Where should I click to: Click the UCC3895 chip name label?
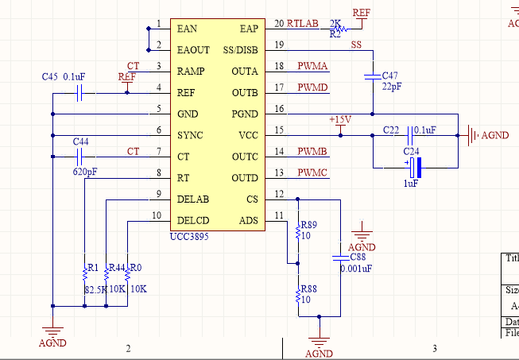coord(189,237)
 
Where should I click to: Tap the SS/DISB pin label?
coord(241,49)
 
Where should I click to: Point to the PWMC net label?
coord(312,172)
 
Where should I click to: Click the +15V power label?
coord(339,119)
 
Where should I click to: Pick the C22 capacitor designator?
coord(391,129)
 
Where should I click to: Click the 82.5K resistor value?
coord(95,289)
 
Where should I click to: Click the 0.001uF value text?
coord(355,269)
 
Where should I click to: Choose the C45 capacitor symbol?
coord(79,93)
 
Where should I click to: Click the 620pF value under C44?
coord(85,171)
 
